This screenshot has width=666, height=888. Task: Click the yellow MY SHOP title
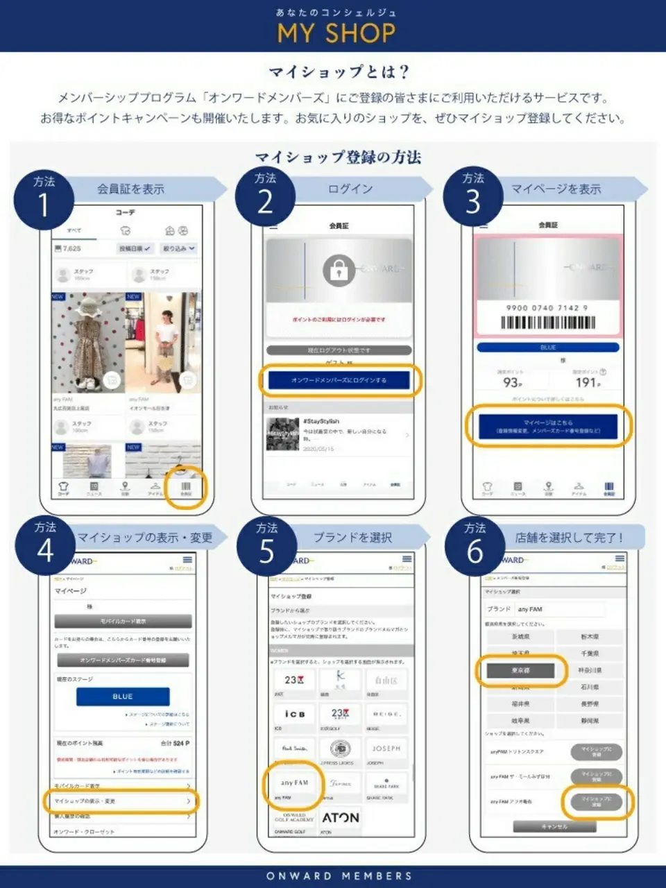coord(336,33)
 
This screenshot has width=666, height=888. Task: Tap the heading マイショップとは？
coord(339,71)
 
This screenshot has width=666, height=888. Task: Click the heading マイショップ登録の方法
coord(338,157)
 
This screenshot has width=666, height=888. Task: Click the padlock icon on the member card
coord(339,270)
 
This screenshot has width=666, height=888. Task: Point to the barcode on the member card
coord(547,323)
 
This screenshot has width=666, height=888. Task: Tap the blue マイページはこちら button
coord(547,426)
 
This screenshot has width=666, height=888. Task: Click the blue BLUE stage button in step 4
coord(123,696)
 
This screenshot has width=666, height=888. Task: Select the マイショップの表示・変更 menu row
coord(122,801)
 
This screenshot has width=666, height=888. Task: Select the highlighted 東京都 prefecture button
coord(520,671)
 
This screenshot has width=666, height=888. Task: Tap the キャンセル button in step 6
coord(554,826)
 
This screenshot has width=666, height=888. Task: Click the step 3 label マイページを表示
coord(556,189)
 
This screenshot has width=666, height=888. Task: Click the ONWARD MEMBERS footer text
coord(339,876)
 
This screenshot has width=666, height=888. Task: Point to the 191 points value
coord(587,382)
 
